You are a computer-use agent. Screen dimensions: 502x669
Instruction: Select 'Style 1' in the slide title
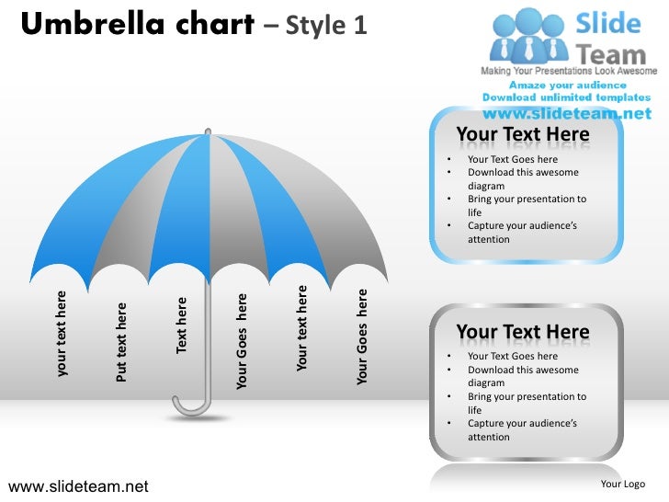[x=326, y=27]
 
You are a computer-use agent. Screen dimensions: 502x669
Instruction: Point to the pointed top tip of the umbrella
[x=210, y=133]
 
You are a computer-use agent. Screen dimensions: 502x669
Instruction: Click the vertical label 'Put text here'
[x=121, y=341]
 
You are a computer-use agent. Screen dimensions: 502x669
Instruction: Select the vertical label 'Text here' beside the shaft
[x=182, y=324]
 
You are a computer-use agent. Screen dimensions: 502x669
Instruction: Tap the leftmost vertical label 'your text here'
[x=62, y=334]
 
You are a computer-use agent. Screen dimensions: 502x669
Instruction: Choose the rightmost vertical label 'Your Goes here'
[x=362, y=337]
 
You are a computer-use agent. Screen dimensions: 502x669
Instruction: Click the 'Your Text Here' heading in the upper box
[x=523, y=135]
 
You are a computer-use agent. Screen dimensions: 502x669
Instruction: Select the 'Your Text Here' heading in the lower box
[x=523, y=332]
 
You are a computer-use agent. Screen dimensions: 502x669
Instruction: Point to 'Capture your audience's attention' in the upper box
[x=522, y=233]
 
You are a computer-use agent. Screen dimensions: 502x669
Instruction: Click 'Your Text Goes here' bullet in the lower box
[x=512, y=357]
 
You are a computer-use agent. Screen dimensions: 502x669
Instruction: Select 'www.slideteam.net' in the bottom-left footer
[x=77, y=485]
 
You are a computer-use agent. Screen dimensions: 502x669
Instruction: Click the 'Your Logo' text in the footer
[x=622, y=485]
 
